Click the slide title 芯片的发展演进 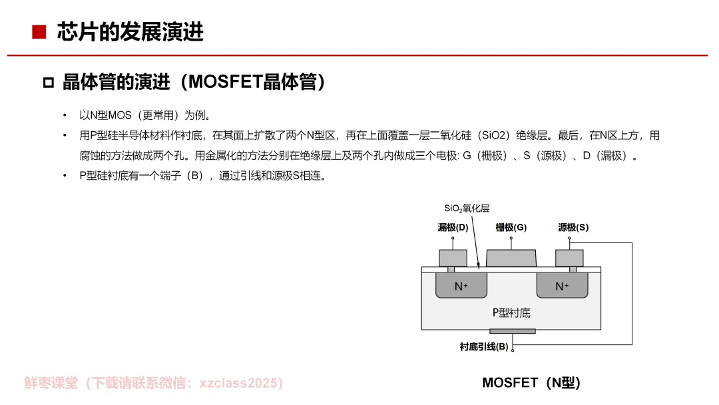(x=130, y=32)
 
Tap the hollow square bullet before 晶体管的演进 (x=48, y=83)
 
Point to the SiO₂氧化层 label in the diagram (x=467, y=208)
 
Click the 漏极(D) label (x=453, y=227)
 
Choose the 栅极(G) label (x=511, y=227)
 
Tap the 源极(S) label (x=573, y=227)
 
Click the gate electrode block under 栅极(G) (x=511, y=258)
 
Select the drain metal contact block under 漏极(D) (x=453, y=258)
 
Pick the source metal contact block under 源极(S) (x=569, y=258)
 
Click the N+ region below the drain (x=461, y=286)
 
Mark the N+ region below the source (x=563, y=286)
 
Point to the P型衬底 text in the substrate (x=511, y=312)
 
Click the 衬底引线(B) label (x=484, y=346)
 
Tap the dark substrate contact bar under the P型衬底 (x=512, y=331)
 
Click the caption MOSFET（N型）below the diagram (x=531, y=382)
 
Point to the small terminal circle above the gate (x=511, y=238)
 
